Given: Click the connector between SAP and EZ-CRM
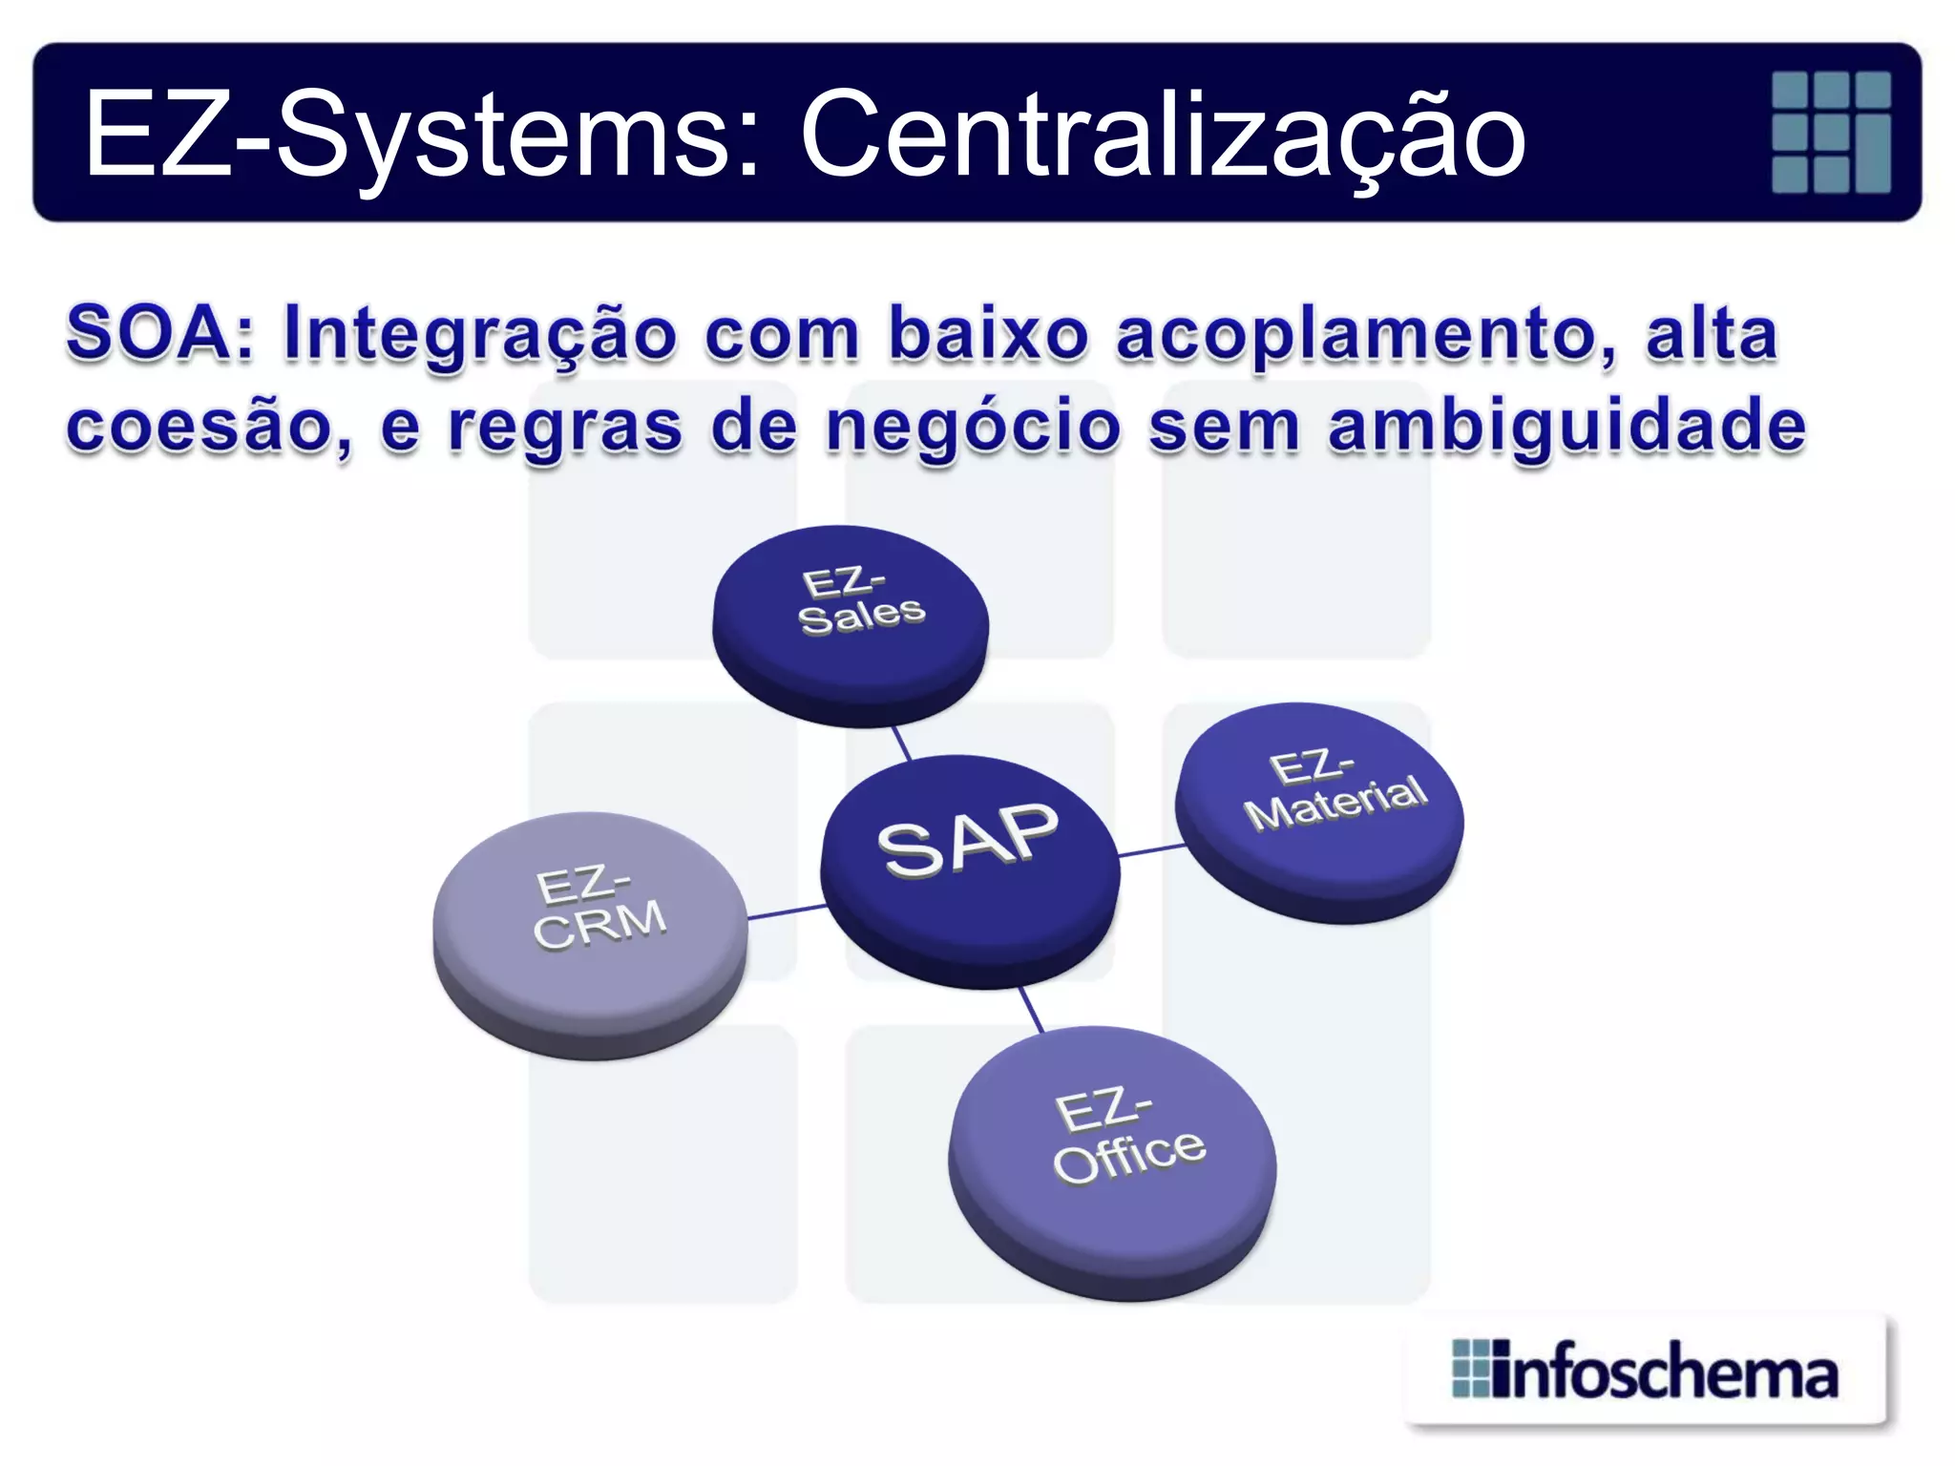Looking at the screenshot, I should click(x=786, y=911).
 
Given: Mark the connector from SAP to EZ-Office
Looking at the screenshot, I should click(x=1031, y=1010).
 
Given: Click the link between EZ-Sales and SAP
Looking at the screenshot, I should click(x=901, y=742).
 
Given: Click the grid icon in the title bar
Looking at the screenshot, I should click(x=1830, y=133).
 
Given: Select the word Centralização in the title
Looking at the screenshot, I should click(x=1162, y=135).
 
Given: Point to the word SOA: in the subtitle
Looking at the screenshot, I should click(x=159, y=334).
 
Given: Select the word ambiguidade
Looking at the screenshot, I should click(x=1566, y=427).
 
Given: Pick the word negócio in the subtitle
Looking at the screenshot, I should click(x=973, y=427).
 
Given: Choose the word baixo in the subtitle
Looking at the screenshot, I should click(x=988, y=334).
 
